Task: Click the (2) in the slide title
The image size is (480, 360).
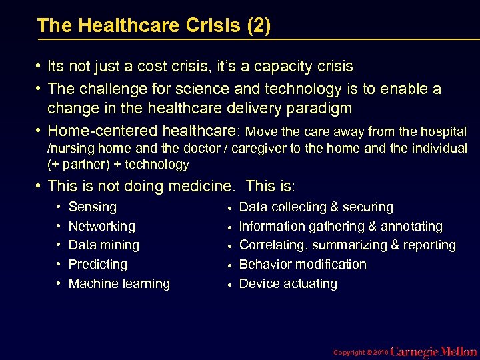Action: [x=259, y=26]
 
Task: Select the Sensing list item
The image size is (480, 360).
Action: [x=93, y=207]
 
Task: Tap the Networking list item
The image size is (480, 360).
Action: [x=101, y=227]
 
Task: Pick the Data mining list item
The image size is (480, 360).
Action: [x=104, y=245]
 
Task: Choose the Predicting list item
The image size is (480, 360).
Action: [x=98, y=265]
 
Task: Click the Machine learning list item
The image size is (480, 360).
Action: [x=119, y=284]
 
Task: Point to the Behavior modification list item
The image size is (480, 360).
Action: [x=303, y=265]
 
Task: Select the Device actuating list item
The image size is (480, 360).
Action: [x=288, y=284]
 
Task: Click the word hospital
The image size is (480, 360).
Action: [x=443, y=131]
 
